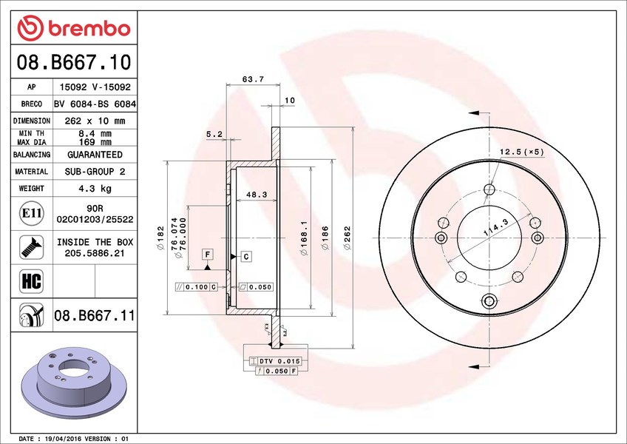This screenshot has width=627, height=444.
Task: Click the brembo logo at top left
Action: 74,28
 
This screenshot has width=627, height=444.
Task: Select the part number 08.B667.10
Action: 74,62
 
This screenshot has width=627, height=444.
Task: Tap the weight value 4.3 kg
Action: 95,188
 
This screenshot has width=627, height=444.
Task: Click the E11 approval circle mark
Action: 32,213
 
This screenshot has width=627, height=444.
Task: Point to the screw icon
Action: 32,247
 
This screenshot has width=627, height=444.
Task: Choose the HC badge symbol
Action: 32,281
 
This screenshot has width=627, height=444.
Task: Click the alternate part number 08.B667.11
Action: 95,315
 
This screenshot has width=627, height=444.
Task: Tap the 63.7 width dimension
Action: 253,79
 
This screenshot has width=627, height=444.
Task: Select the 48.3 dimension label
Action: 257,195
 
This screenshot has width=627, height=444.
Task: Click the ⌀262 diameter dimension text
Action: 347,238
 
